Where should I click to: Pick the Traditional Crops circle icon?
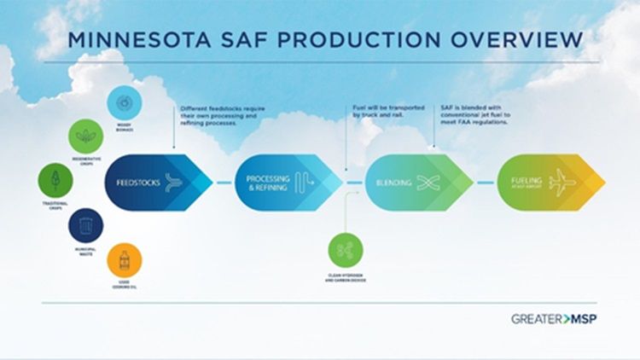point(55,180)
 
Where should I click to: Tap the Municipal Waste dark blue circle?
point(85,224)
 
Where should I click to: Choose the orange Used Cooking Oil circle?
point(125,259)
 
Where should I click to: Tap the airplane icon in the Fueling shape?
point(563,182)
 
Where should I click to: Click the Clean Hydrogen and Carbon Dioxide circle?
point(346,249)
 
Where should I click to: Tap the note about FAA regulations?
point(474,116)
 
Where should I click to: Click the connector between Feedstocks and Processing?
point(224,182)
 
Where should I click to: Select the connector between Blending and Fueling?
point(486,182)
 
